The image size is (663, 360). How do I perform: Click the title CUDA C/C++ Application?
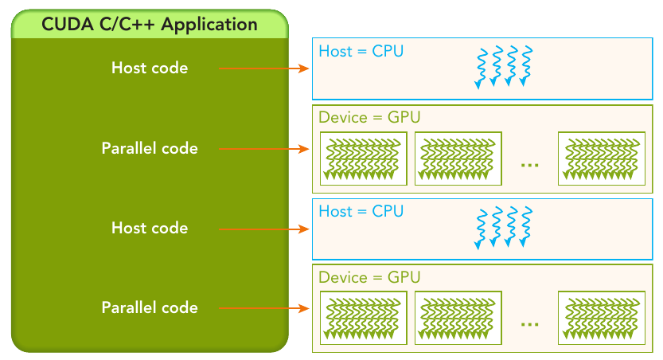(x=150, y=25)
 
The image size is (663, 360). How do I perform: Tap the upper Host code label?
(x=150, y=68)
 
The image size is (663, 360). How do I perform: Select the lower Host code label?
(x=150, y=228)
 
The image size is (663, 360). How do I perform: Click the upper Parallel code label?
(x=150, y=148)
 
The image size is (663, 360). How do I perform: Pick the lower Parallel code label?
(x=150, y=307)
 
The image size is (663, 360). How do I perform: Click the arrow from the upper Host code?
(x=264, y=68)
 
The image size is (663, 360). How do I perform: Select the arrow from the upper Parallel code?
(x=264, y=148)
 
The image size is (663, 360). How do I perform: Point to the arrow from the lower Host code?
(x=264, y=229)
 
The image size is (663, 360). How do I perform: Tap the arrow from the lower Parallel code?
(x=264, y=308)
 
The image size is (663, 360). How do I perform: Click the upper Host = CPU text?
(x=361, y=51)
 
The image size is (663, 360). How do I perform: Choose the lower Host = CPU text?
(x=361, y=211)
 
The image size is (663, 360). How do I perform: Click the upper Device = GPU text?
(x=369, y=117)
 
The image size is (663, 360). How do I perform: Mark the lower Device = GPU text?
(x=369, y=277)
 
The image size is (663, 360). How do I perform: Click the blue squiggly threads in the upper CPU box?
(x=504, y=67)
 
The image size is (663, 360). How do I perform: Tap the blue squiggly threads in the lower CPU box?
(x=504, y=227)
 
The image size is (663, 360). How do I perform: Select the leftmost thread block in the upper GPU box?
(x=364, y=158)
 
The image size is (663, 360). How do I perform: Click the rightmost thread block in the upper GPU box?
(x=602, y=158)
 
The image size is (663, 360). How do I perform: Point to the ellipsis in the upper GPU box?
(x=530, y=165)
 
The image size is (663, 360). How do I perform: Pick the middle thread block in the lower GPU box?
(x=458, y=318)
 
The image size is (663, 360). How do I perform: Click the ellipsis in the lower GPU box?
(x=530, y=324)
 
